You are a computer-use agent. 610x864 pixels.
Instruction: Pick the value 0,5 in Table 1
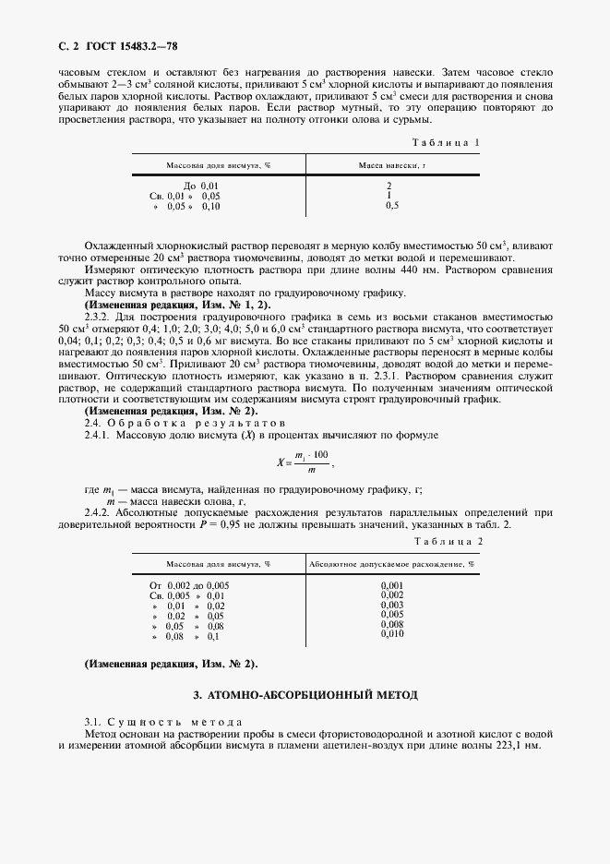[x=392, y=206]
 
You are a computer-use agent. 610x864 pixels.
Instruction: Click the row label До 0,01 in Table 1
[x=202, y=186]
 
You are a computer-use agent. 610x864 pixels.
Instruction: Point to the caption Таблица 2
[x=448, y=541]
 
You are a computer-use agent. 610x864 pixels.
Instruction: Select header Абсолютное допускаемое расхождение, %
[x=392, y=562]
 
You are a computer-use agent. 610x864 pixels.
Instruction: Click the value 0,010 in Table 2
[x=392, y=634]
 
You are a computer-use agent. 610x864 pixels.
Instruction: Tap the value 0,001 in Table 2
[x=392, y=585]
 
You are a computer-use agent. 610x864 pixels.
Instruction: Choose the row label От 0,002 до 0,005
[x=189, y=585]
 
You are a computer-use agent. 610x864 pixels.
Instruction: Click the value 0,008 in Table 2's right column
[x=392, y=624]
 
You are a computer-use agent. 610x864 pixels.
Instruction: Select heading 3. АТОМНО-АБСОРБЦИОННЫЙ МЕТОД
[x=305, y=693]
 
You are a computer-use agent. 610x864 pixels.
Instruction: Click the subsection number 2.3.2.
[x=101, y=314]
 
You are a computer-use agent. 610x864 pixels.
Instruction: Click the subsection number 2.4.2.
[x=101, y=510]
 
